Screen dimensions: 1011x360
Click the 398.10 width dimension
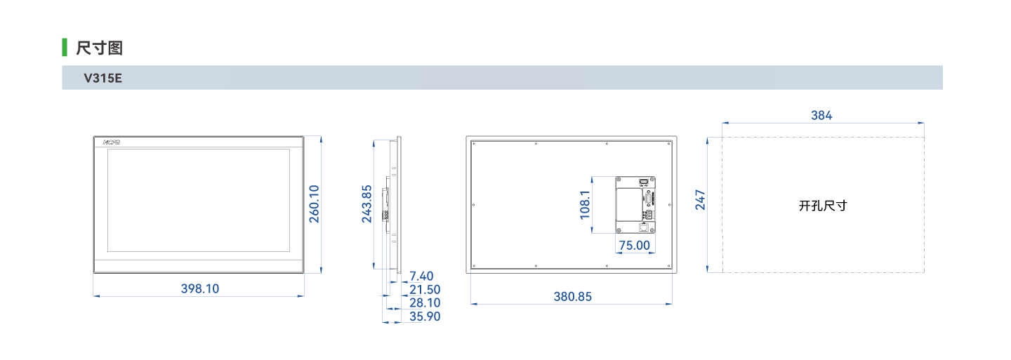[200, 288]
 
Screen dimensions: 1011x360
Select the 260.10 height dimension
[314, 204]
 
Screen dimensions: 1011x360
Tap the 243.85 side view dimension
[366, 204]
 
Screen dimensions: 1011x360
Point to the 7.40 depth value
[421, 276]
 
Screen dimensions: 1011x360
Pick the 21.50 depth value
[425, 290]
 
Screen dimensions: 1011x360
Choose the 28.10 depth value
[425, 302]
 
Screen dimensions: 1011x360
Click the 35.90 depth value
[425, 316]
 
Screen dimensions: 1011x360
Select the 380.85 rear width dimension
[573, 296]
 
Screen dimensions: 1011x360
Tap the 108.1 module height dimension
[585, 205]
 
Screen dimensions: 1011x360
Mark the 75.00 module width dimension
[635, 246]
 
